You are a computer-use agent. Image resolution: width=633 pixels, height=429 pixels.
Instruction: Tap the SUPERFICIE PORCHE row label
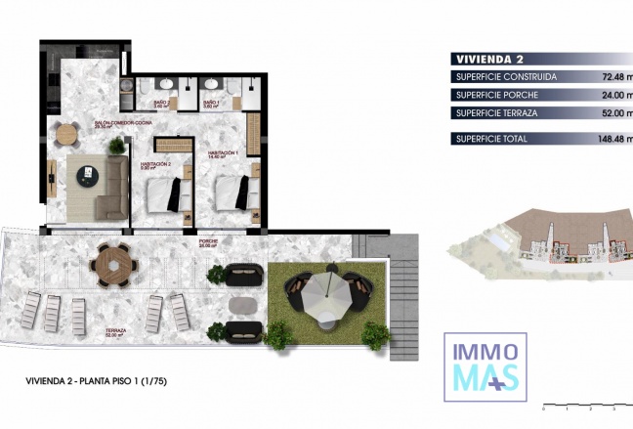497,95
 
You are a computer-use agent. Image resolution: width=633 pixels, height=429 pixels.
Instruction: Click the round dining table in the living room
66,134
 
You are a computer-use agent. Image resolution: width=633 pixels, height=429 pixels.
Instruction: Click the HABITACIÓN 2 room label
155,163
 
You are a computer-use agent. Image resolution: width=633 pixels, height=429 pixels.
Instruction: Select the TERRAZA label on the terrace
116,332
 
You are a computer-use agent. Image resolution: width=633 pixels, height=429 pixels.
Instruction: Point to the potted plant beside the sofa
117,147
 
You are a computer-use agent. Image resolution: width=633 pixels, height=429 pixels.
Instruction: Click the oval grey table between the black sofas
245,306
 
